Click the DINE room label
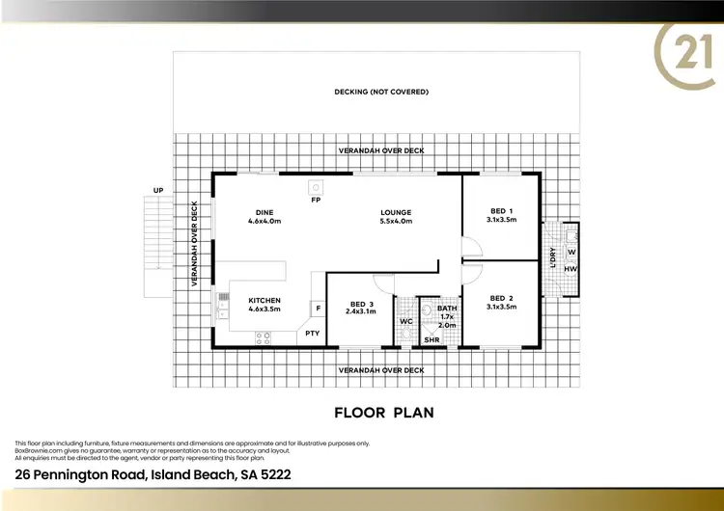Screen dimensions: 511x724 (265, 212)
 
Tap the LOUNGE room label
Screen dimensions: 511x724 (396, 212)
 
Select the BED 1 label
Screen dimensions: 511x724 (501, 211)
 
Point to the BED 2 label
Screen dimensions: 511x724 (501, 298)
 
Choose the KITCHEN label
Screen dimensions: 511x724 (265, 300)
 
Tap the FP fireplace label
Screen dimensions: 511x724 (316, 200)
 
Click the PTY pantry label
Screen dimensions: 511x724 (312, 333)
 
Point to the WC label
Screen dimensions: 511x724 (406, 320)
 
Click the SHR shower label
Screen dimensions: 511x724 (432, 339)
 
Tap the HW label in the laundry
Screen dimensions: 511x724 (571, 269)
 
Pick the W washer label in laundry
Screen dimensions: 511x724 (571, 252)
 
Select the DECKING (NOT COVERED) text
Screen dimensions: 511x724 (381, 92)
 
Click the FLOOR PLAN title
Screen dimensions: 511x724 (383, 413)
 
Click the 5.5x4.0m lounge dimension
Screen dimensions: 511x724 (396, 222)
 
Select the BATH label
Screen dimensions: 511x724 (446, 309)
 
